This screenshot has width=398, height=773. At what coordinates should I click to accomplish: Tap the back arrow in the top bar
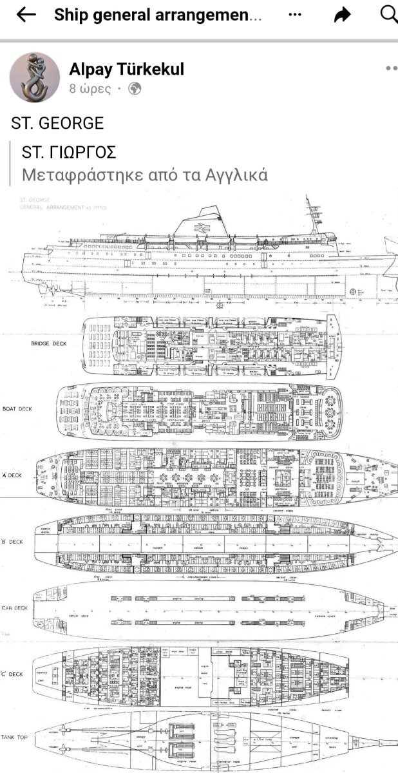pyautogui.click(x=26, y=15)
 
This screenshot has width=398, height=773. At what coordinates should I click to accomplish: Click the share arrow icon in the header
pyautogui.click(x=342, y=15)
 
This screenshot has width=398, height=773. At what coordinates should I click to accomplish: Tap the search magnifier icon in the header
pyautogui.click(x=389, y=14)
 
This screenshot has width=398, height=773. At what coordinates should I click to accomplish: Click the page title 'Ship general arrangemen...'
pyautogui.click(x=158, y=15)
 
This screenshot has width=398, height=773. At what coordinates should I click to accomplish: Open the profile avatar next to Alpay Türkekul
pyautogui.click(x=35, y=77)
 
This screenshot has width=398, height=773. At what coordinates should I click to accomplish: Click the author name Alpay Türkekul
pyautogui.click(x=126, y=70)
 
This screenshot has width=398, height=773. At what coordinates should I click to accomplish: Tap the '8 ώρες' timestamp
pyautogui.click(x=90, y=89)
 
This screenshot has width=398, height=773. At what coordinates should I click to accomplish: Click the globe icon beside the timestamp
pyautogui.click(x=135, y=89)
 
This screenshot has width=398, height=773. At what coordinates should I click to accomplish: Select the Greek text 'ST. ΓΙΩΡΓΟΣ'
pyautogui.click(x=69, y=152)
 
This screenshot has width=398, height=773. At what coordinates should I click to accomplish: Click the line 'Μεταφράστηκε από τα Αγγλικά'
pyautogui.click(x=145, y=175)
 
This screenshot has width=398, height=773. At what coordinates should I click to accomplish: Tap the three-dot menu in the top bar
pyautogui.click(x=294, y=14)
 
